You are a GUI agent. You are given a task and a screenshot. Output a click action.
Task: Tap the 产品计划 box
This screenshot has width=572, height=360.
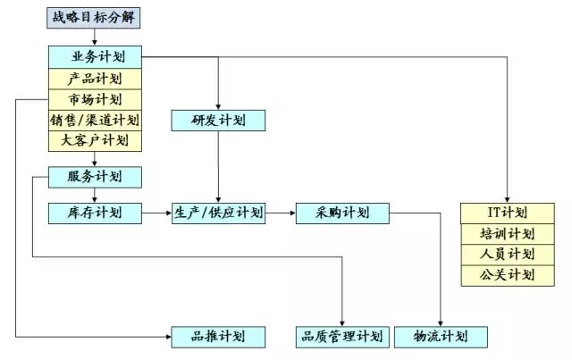[x=95, y=78]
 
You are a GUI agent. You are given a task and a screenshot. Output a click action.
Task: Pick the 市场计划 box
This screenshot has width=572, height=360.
[x=95, y=98]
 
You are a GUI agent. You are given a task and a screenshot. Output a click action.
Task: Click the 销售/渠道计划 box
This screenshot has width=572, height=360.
[x=95, y=119]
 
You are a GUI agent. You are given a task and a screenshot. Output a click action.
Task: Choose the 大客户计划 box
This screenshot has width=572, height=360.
[x=95, y=139]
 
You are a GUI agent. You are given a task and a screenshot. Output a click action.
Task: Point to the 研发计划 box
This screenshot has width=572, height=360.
[x=218, y=120]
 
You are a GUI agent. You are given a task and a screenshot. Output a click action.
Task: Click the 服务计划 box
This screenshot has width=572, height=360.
[x=95, y=177]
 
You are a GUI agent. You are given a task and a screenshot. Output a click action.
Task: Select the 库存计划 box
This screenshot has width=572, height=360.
[x=95, y=213]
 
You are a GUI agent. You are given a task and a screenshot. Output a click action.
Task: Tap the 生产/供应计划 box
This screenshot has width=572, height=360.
[x=218, y=213]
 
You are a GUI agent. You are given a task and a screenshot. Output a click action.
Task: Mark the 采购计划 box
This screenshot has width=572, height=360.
[x=342, y=213]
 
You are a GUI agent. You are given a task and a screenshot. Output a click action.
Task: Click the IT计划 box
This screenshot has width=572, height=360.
[x=506, y=213]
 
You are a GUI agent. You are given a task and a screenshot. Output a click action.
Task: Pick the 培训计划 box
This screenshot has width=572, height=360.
[x=506, y=234]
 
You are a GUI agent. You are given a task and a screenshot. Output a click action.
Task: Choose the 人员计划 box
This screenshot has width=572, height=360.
[x=506, y=255]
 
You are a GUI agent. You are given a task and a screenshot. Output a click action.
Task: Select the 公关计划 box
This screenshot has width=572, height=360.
[x=506, y=275]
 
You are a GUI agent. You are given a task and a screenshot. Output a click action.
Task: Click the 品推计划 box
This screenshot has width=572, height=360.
[x=218, y=336]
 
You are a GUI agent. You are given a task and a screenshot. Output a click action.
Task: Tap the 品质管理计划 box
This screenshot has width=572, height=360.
[x=342, y=336]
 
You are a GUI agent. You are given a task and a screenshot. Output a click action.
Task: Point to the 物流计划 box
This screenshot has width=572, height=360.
[x=442, y=336]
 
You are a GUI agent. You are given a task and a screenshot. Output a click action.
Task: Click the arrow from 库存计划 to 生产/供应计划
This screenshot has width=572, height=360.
[x=156, y=213]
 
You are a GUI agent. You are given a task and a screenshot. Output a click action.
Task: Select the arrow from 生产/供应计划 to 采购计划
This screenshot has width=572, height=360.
[x=281, y=213]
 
